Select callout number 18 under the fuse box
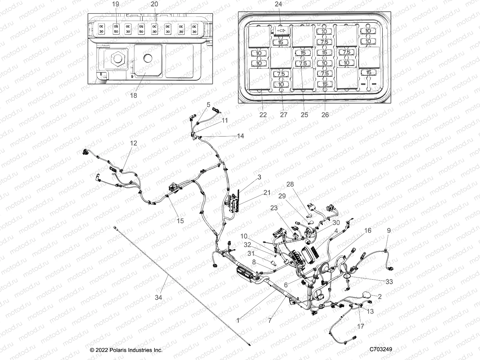[x=133, y=95]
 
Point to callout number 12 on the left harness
[x=133, y=143]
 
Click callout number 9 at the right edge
[x=389, y=230]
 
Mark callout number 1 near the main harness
[x=238, y=320]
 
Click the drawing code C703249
[x=381, y=349]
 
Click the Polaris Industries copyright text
[x=126, y=350]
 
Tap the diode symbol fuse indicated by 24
[x=281, y=31]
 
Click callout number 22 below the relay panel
[x=263, y=115]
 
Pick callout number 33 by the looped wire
[x=389, y=282]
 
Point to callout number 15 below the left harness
[x=180, y=221]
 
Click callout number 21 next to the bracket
[x=267, y=193]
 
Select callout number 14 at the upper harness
[x=240, y=136]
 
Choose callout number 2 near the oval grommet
[x=380, y=297]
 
